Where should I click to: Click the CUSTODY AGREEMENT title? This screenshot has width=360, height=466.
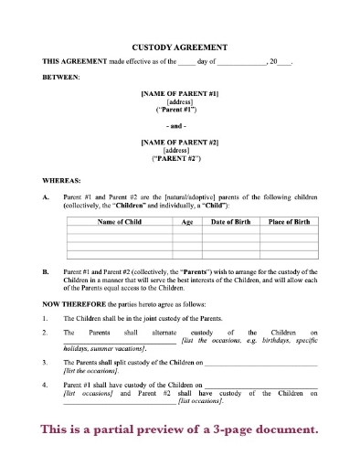click(x=180, y=45)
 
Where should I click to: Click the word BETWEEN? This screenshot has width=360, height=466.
click(x=61, y=77)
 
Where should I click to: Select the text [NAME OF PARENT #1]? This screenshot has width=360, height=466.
click(x=179, y=94)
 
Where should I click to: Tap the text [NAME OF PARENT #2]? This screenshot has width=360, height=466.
click(x=179, y=142)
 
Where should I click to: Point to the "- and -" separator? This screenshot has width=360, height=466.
click(x=179, y=125)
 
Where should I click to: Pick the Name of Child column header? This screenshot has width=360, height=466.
click(x=119, y=221)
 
